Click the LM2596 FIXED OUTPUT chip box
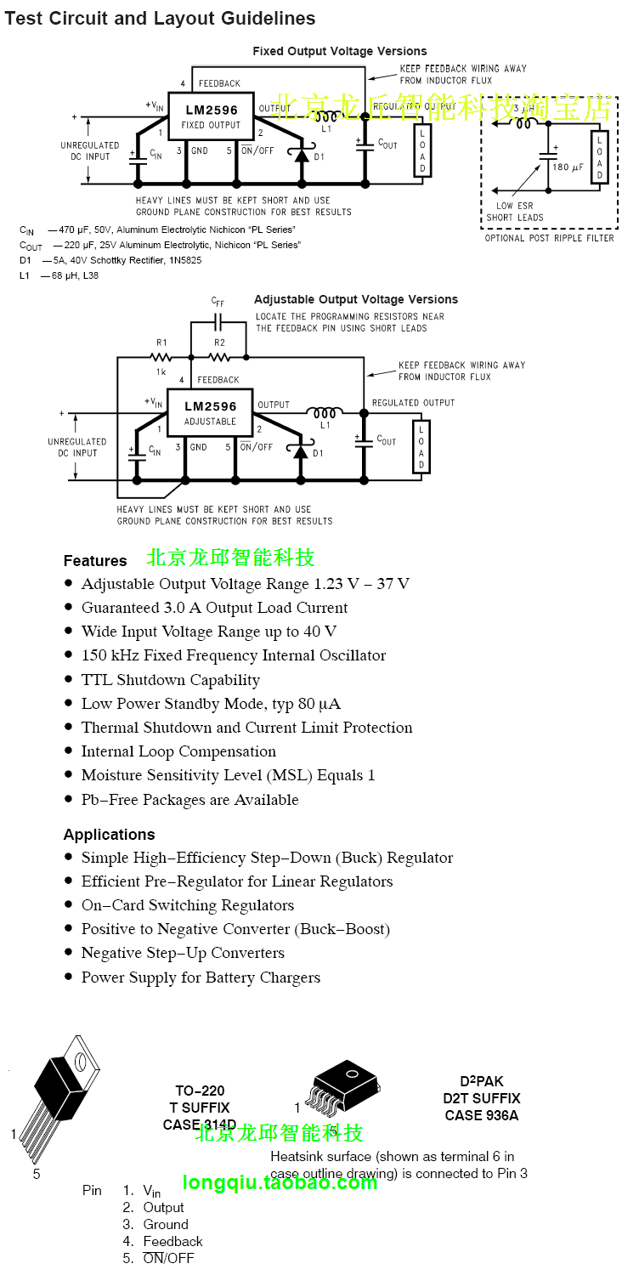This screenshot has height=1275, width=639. pos(211,117)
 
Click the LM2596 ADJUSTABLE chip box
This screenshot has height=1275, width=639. pos(210,413)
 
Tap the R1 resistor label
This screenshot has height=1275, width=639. pos(161,343)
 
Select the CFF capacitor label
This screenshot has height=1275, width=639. pos(218,303)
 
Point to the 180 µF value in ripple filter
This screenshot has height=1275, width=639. pos(568,167)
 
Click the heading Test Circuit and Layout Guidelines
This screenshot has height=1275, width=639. pos(160,18)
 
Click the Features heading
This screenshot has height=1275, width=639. pos(95,561)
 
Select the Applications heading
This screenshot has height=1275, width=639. pos(109,835)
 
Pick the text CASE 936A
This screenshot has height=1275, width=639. pos(481,1115)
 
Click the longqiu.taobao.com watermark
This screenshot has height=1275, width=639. pos(280,1182)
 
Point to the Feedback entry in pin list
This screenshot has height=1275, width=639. pos(172,1241)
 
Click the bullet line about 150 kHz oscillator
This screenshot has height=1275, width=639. pos(233,655)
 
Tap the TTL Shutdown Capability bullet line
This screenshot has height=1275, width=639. pos(170,680)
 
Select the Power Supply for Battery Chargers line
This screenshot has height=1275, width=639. pos(201,977)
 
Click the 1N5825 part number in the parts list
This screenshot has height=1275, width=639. pos(184,260)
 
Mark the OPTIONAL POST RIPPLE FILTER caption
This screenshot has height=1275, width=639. pos(549,238)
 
